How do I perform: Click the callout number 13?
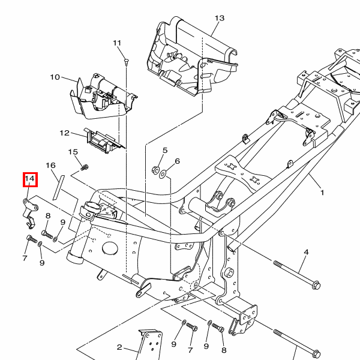point(219,18)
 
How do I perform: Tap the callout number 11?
point(116,43)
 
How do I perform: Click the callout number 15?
point(73,152)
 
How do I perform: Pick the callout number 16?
point(50,165)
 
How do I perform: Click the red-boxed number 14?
point(30,179)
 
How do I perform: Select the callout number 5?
point(165,150)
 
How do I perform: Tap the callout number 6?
point(177,161)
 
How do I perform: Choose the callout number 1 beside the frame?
point(322,193)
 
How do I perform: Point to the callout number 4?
point(305,252)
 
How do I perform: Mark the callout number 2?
point(119,347)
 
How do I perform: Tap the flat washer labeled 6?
point(164,175)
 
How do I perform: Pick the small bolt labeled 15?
point(85,165)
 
